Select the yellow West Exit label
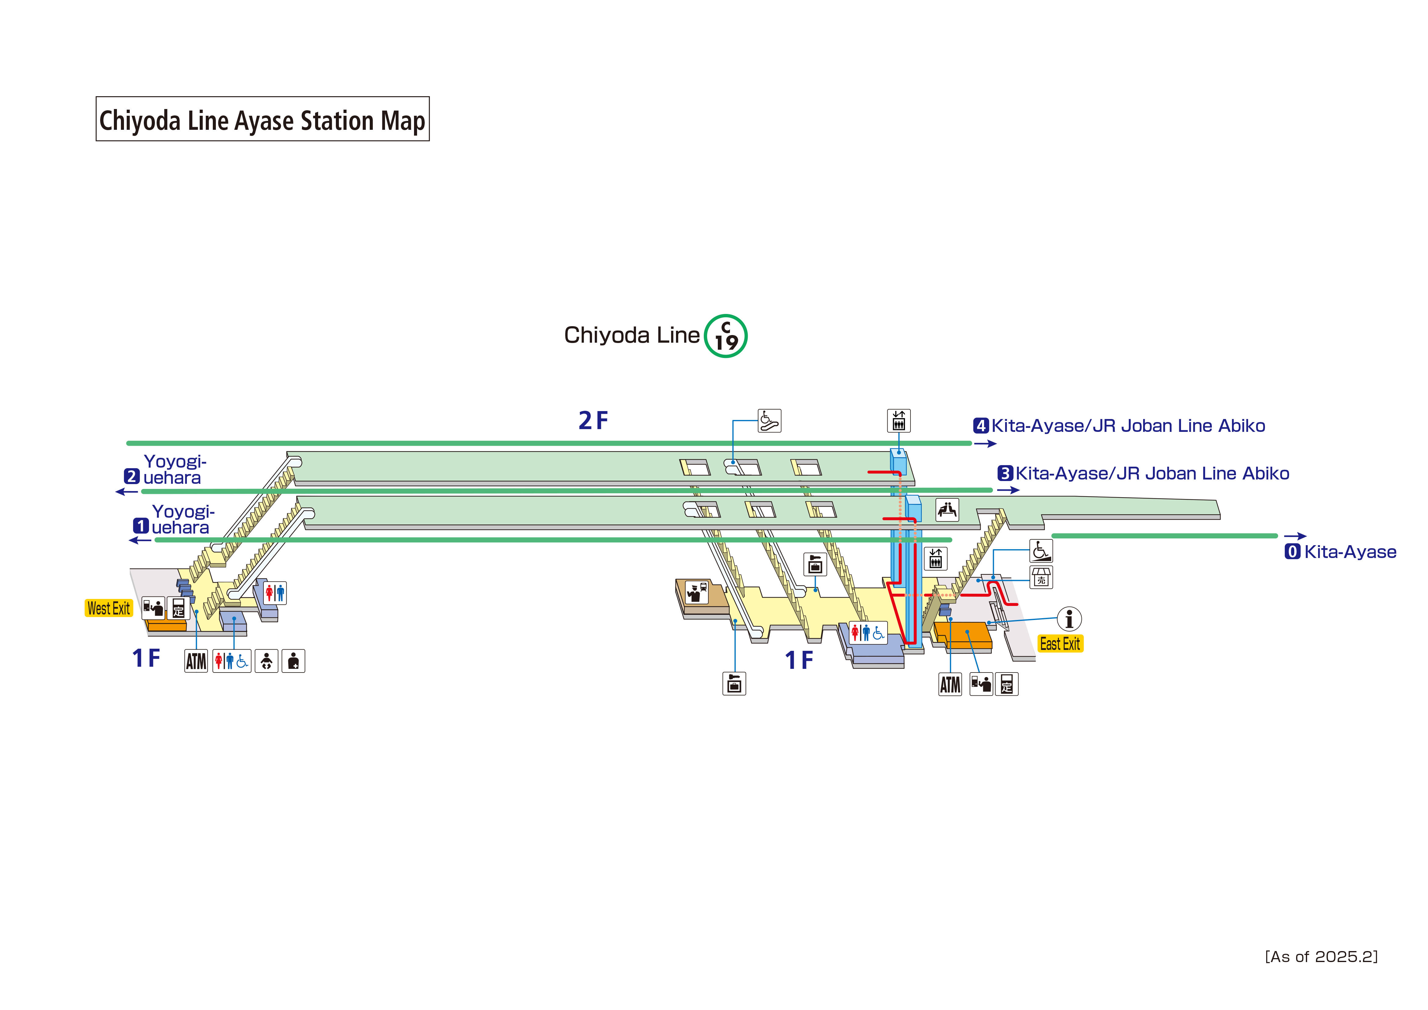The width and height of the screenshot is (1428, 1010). tap(109, 608)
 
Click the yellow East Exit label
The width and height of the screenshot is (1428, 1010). tap(1060, 644)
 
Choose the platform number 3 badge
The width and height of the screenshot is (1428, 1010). tap(1005, 474)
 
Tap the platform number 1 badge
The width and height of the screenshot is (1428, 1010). tap(141, 526)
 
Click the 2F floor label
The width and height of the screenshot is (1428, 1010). tap(593, 421)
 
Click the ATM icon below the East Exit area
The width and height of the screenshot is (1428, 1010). tap(950, 684)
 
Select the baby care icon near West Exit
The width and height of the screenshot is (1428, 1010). tap(266, 661)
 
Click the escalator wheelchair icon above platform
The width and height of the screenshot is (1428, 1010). tap(769, 421)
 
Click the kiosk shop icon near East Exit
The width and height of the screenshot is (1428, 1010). tap(1041, 577)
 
